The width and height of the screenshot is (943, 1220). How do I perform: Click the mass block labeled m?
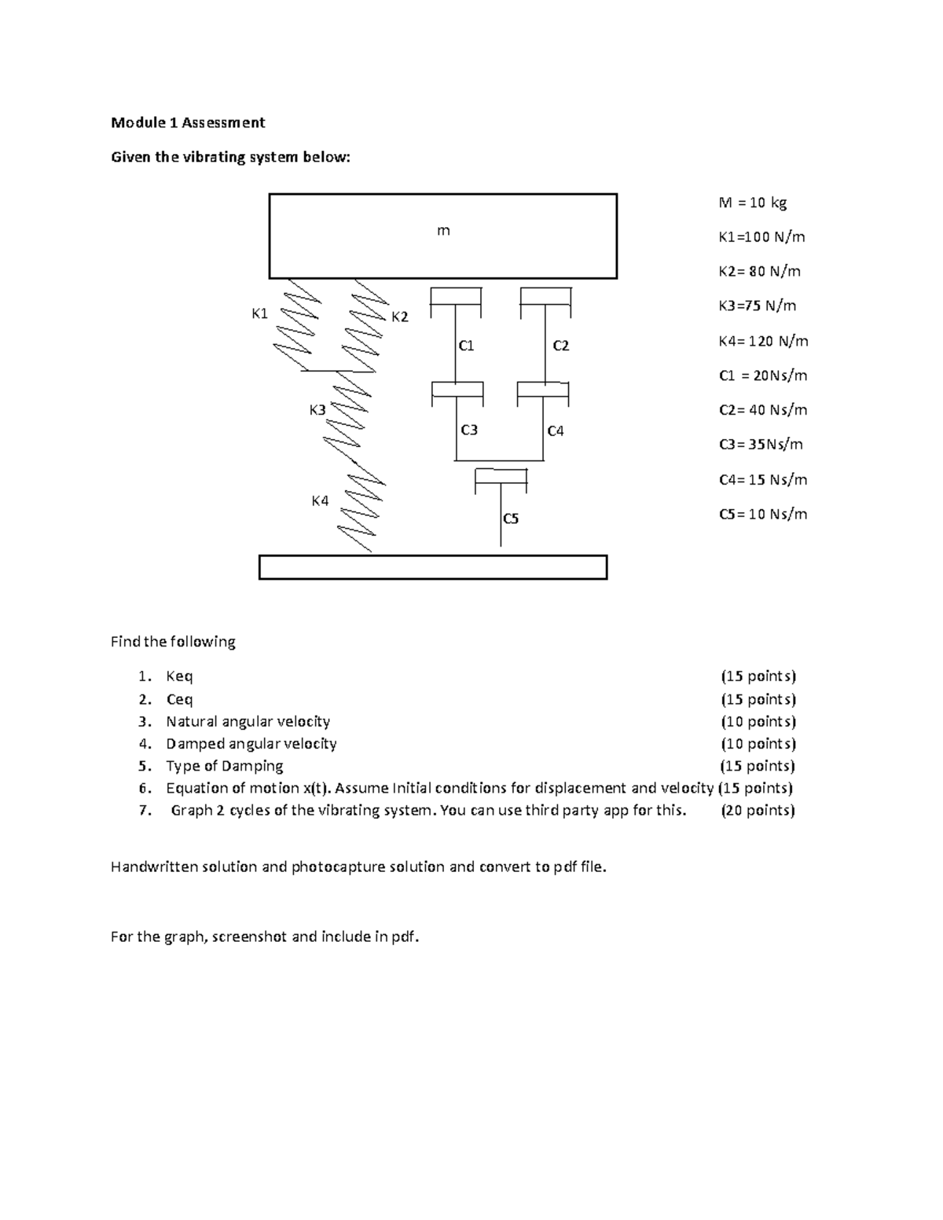coord(442,236)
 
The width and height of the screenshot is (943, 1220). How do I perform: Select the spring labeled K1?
coord(296,324)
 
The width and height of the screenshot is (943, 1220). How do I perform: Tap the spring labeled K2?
coord(367,324)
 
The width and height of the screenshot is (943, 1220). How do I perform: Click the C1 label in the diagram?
coord(466,346)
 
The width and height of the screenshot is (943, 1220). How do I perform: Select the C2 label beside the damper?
coord(560,346)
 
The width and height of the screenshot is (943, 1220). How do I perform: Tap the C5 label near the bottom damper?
coord(511,518)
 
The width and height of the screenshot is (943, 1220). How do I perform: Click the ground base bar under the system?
coord(433,567)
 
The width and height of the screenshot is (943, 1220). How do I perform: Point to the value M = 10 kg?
coord(752,203)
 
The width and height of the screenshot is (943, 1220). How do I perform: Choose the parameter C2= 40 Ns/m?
coord(762,410)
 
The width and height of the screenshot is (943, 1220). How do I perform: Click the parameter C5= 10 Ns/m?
coord(762,515)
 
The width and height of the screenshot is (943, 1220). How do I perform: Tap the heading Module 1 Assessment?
coord(188,123)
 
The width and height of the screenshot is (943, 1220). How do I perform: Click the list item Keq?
coord(179,676)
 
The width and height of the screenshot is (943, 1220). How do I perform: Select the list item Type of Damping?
coord(224,766)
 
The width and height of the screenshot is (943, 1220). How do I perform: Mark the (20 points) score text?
coord(758,811)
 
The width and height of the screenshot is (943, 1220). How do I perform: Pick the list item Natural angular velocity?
coord(248,721)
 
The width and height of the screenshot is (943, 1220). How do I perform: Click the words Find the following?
coord(173,642)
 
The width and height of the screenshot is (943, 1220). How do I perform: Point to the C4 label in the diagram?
coord(556,430)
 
